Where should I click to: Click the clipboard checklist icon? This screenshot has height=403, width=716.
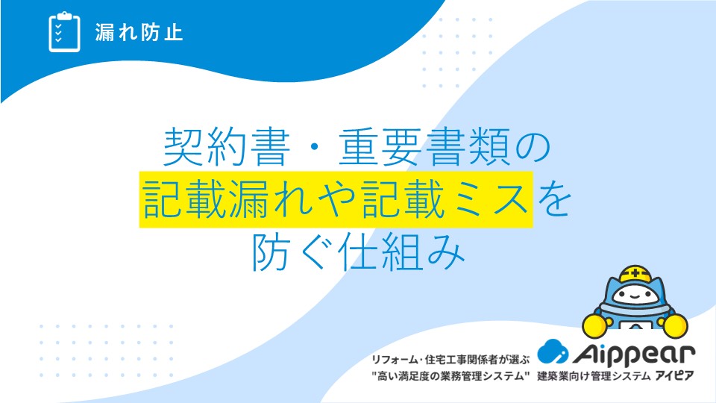[x=64, y=32]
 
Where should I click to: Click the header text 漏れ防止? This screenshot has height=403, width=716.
[x=139, y=32]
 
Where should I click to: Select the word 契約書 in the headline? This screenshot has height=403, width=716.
[x=227, y=147]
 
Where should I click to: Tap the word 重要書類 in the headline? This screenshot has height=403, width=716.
[x=424, y=147]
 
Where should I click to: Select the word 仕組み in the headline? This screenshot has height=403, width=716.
[x=402, y=252]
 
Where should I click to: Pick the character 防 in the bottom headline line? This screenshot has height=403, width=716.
[x=271, y=252]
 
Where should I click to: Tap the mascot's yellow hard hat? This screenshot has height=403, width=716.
[x=635, y=274]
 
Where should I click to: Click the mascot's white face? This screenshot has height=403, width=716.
[x=635, y=296]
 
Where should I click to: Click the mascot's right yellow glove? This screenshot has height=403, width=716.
[x=676, y=326]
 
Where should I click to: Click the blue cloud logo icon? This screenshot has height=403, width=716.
[x=553, y=352]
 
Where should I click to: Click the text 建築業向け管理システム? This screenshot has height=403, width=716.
[x=594, y=376]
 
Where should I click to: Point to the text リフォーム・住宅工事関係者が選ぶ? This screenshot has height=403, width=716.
[x=450, y=360]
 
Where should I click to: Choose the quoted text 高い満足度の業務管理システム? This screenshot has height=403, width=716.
[x=450, y=376]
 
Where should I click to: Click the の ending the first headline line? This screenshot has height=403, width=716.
[x=533, y=147]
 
